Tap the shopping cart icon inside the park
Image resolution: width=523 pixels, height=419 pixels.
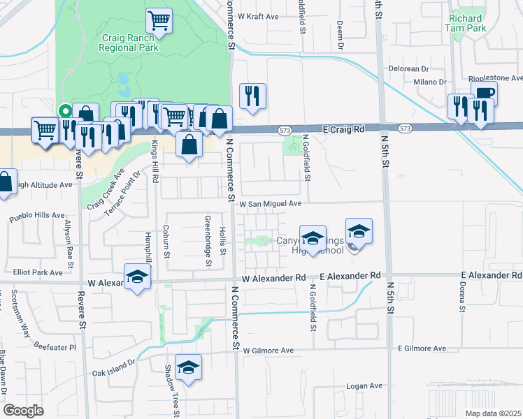point(159,20)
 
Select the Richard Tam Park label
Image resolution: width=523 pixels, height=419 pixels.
point(466,23)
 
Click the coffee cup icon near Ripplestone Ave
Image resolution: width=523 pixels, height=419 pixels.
point(484,94)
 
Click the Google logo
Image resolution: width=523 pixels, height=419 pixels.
point(23,410)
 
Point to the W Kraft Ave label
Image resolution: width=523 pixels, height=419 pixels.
point(258,15)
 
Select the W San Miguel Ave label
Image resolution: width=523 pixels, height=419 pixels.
point(270,204)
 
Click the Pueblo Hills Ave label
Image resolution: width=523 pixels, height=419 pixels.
point(36,217)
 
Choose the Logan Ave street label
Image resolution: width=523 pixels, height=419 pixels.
point(365,385)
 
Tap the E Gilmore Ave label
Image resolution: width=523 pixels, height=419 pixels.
point(422,348)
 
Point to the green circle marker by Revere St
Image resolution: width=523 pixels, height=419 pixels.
point(64,110)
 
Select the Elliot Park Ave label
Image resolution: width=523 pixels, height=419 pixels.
point(38,272)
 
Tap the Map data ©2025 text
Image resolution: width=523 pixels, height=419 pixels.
point(494,413)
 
